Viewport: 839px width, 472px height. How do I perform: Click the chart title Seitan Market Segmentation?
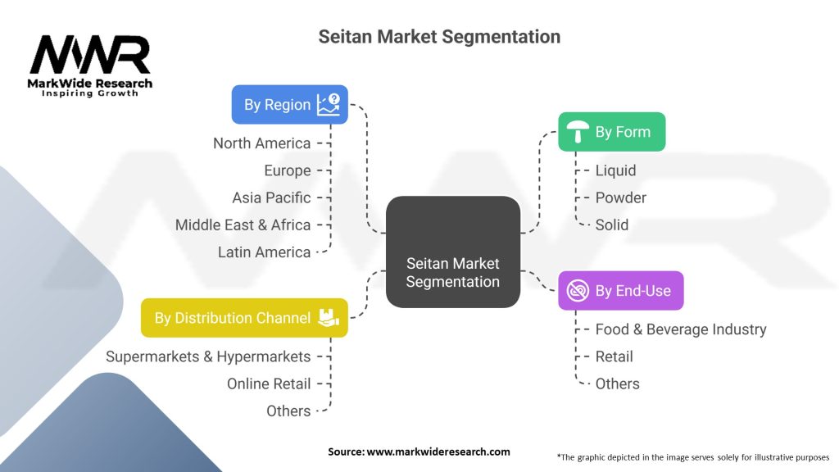pyautogui.click(x=438, y=37)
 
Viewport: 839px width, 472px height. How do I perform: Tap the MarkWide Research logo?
pyautogui.click(x=90, y=66)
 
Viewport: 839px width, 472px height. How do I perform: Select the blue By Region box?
pyautogui.click(x=289, y=105)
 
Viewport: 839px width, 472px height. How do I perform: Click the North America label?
pyautogui.click(x=262, y=143)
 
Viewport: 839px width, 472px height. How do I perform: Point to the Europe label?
pyautogui.click(x=288, y=170)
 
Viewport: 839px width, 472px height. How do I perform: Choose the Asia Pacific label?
pyautogui.click(x=271, y=197)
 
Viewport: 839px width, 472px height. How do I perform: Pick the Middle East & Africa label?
pyautogui.click(x=243, y=225)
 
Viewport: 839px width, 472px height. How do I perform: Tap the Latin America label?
pyautogui.click(x=265, y=252)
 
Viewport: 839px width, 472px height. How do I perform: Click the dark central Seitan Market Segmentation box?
pyautogui.click(x=452, y=252)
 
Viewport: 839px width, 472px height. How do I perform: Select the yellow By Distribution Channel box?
pyautogui.click(x=244, y=318)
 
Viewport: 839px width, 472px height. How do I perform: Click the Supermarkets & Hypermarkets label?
pyautogui.click(x=208, y=356)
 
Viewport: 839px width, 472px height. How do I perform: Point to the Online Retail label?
pyautogui.click(x=269, y=383)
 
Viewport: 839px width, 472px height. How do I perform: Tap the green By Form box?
pyautogui.click(x=611, y=132)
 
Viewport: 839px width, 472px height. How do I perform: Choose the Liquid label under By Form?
pyautogui.click(x=615, y=170)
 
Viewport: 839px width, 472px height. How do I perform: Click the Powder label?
pyautogui.click(x=620, y=197)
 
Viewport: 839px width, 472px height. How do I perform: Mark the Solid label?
pyautogui.click(x=612, y=225)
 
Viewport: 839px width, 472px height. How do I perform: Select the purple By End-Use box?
pyautogui.click(x=620, y=291)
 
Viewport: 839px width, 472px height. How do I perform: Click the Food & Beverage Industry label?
pyautogui.click(x=681, y=329)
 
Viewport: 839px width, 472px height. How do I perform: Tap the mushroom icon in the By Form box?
pyautogui.click(x=578, y=131)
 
